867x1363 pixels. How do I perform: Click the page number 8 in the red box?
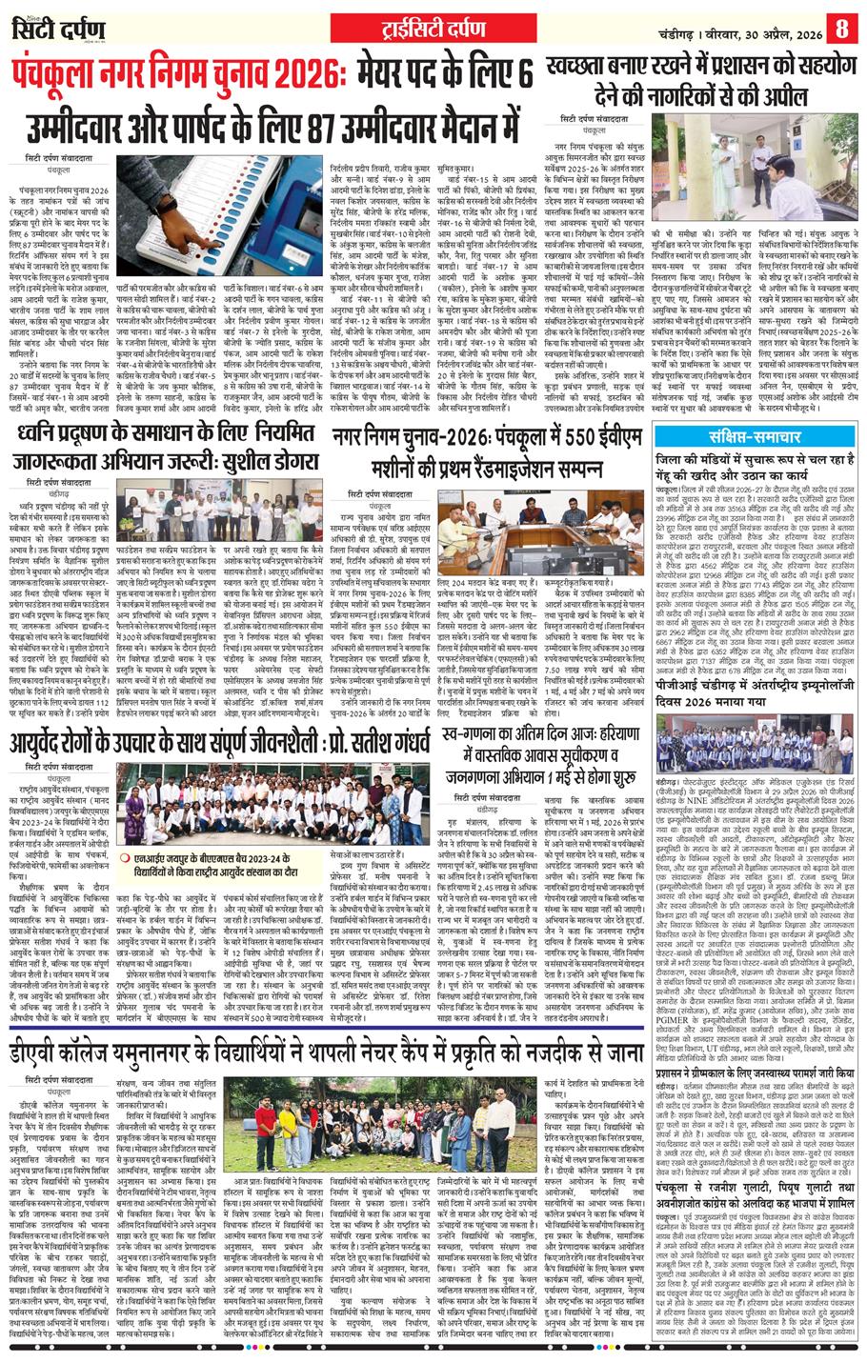842,26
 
